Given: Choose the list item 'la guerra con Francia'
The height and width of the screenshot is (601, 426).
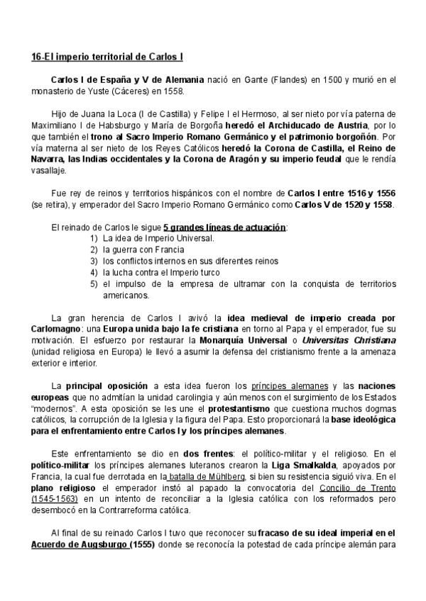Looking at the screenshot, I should click(x=141, y=249).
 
